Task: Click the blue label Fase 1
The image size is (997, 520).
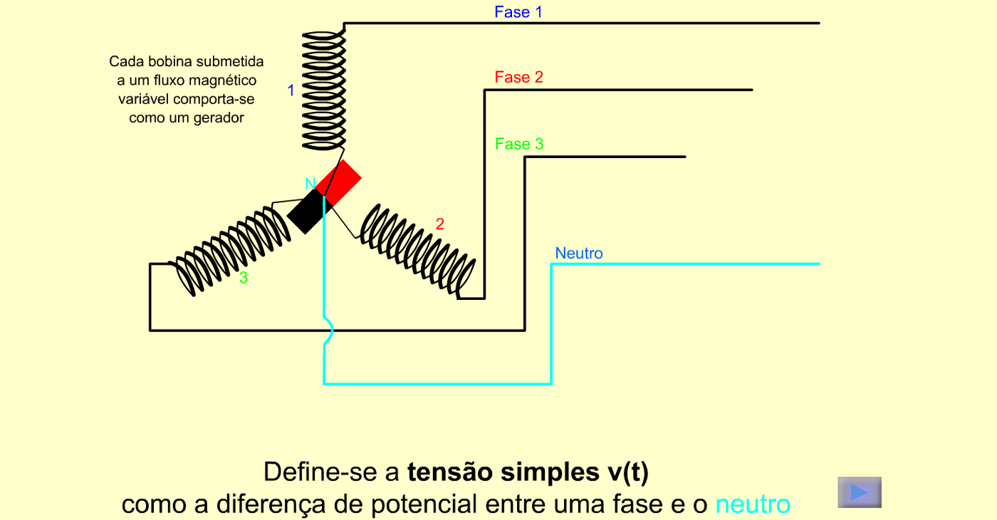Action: [x=518, y=12]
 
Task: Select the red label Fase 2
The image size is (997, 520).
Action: [x=519, y=77]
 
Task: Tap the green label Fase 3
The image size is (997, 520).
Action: [x=519, y=144]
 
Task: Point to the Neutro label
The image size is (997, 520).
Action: [x=578, y=254]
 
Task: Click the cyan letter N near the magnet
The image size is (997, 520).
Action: [x=310, y=184]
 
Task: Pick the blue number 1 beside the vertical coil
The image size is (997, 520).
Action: [x=291, y=90]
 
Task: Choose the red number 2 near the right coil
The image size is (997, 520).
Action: [x=440, y=224]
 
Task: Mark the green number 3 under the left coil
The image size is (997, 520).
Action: [x=244, y=277]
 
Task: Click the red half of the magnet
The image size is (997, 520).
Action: [x=338, y=182]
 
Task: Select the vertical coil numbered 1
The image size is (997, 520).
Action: [x=323, y=90]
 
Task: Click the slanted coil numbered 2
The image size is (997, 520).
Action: [x=417, y=251]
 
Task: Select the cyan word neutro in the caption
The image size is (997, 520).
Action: [x=753, y=504]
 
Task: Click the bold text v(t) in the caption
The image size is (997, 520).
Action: [x=627, y=472]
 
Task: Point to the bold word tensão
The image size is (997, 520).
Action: [x=450, y=472]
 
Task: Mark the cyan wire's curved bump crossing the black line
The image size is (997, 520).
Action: [x=329, y=331]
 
